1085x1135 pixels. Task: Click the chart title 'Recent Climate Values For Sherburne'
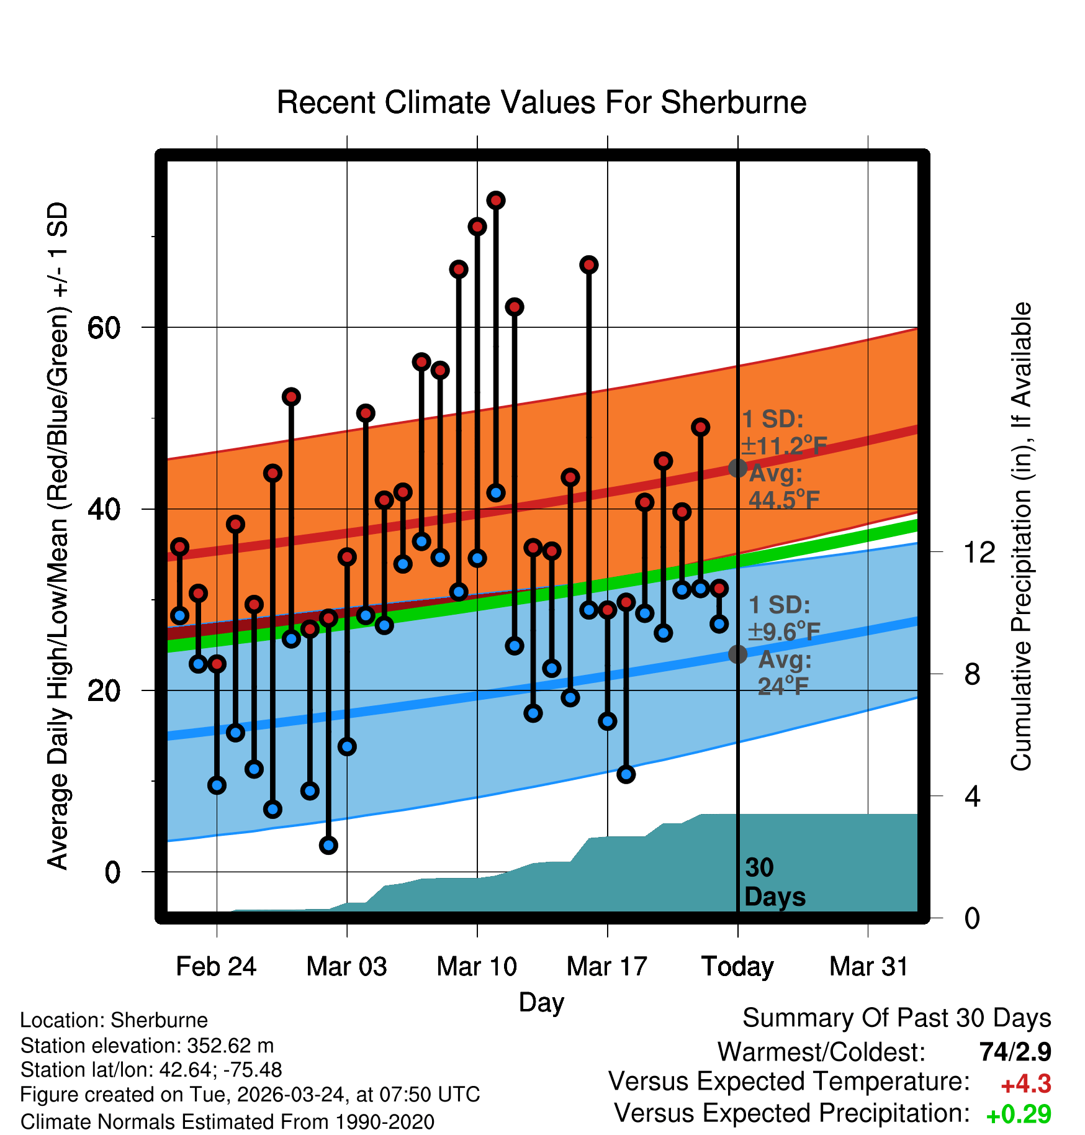[x=541, y=102]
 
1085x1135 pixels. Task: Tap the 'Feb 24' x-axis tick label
[x=216, y=967]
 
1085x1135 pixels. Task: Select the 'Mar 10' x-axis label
[x=477, y=967]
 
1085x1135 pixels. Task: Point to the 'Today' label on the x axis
[x=737, y=967]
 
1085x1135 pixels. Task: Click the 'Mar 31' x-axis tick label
[x=868, y=967]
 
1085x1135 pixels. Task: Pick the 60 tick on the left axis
[x=104, y=328]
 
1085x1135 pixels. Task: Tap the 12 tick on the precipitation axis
[x=979, y=552]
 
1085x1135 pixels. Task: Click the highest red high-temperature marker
[x=496, y=201]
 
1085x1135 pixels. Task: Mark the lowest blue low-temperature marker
[x=328, y=845]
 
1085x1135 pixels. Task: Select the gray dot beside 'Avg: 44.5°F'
[x=737, y=468]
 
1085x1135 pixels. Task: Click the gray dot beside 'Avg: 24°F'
[x=737, y=654]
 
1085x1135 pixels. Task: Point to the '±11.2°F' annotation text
[x=785, y=446]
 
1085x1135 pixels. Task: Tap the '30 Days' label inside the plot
[x=774, y=882]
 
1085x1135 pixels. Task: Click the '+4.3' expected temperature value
[x=1025, y=1084]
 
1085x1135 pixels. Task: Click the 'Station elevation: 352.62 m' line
[x=147, y=1046]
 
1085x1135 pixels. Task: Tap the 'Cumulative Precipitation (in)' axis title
[x=1021, y=536]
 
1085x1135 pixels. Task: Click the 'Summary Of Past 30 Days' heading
[x=896, y=1018]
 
